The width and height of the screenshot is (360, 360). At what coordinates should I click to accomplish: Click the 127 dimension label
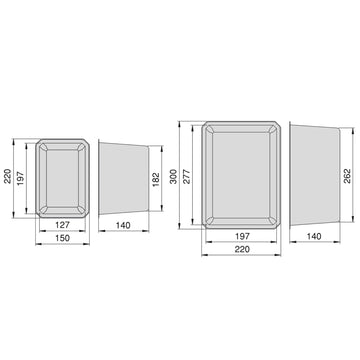click(x=63, y=225)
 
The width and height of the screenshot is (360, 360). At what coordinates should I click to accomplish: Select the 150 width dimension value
click(x=63, y=238)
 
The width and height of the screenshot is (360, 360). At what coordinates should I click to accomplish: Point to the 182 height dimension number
click(x=156, y=179)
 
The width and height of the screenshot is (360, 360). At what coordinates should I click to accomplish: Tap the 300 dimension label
click(x=173, y=176)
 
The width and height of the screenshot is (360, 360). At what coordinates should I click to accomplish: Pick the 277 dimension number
click(x=186, y=176)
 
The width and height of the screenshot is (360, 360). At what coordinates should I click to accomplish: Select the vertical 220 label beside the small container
click(x=7, y=176)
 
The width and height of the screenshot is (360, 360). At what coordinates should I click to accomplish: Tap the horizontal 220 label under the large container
click(x=242, y=249)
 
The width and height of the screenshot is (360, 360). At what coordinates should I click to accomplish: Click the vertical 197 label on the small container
click(x=20, y=179)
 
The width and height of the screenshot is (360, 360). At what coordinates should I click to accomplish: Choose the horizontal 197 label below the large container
click(x=242, y=236)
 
